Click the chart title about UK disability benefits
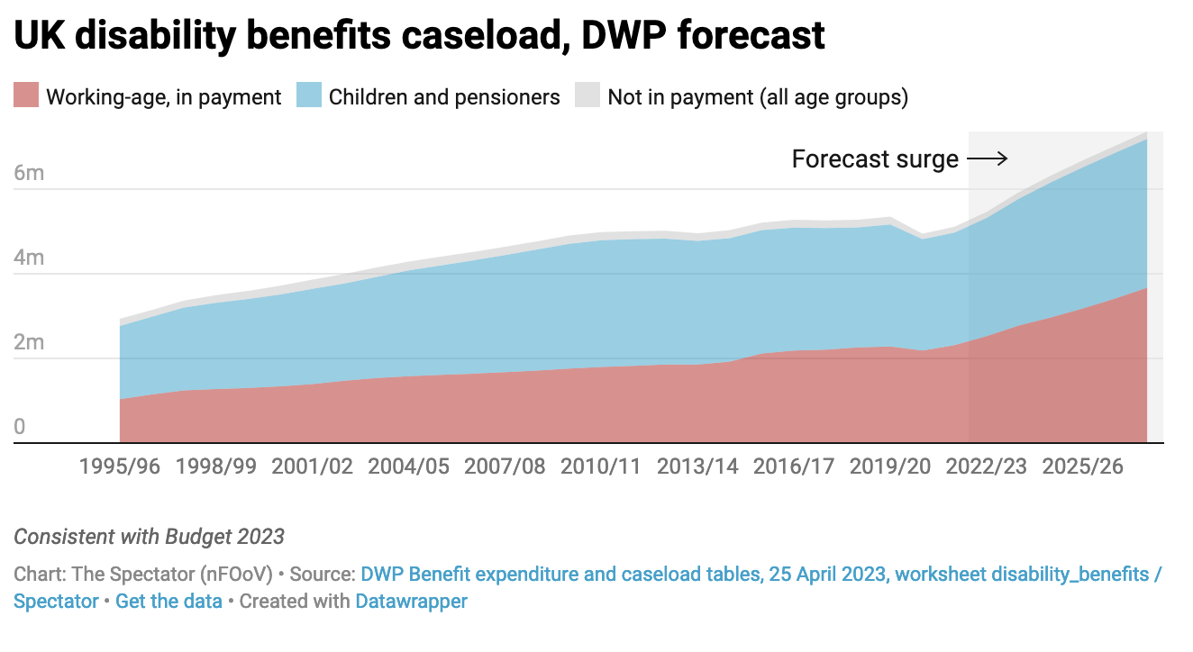point(419,35)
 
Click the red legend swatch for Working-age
point(26,95)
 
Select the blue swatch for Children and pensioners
point(309,95)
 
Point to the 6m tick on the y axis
point(29,173)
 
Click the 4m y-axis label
point(29,258)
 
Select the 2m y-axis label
point(29,342)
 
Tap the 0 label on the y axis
point(20,427)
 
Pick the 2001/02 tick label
point(312,466)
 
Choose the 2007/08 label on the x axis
point(505,466)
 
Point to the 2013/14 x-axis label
point(697,466)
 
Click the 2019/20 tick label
point(890,466)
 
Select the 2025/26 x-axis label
point(1083,466)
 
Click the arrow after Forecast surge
point(987,159)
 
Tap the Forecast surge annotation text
point(875,159)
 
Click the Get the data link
point(168,601)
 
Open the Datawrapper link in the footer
point(412,601)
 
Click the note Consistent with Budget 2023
point(149,538)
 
